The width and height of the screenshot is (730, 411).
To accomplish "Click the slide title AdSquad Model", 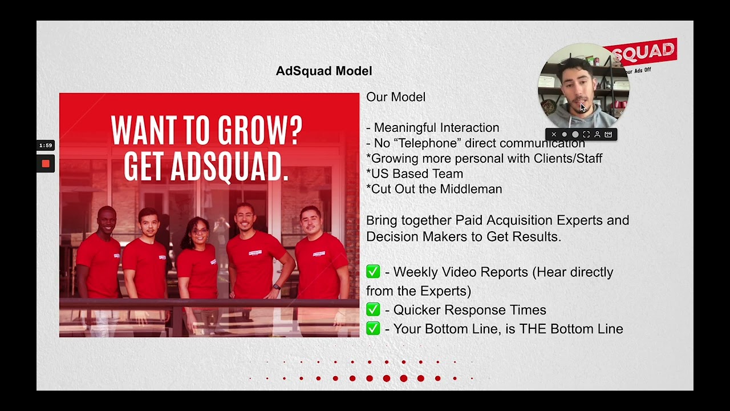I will tap(323, 71).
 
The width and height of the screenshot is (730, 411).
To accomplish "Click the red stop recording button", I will tap(46, 164).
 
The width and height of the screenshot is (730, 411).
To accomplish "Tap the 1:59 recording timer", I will tap(46, 146).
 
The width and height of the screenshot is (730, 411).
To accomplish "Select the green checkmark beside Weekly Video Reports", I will tap(373, 272).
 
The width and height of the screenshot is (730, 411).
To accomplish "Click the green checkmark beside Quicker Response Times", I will tap(373, 310).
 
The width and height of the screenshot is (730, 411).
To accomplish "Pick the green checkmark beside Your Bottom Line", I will tap(373, 329).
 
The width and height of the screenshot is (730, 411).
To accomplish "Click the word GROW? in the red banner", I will tap(262, 131).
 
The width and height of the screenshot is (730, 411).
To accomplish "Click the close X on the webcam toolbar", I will tap(553, 135).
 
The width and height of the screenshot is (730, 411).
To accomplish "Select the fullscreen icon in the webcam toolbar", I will tap(586, 135).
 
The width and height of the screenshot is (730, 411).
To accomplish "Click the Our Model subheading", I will tap(396, 97).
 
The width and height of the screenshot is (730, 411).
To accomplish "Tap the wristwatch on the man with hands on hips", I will tap(277, 287).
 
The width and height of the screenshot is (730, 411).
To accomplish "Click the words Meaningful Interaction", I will tap(436, 128).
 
